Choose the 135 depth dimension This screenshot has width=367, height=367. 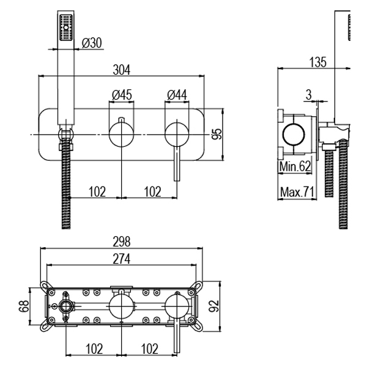pyautogui.click(x=317, y=62)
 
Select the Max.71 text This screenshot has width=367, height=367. pyautogui.click(x=297, y=193)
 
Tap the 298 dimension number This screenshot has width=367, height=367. pyautogui.click(x=122, y=243)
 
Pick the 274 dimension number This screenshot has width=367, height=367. pyautogui.click(x=122, y=260)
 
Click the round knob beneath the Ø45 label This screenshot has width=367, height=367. pyautogui.click(x=122, y=134)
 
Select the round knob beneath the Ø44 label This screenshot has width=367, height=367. pyautogui.click(x=177, y=134)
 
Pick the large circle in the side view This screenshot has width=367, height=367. pyautogui.click(x=297, y=134)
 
